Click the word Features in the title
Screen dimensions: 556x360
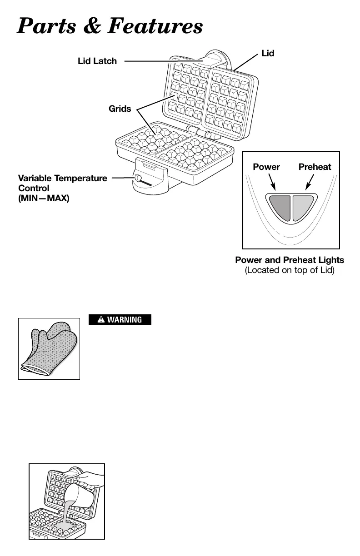(153, 26)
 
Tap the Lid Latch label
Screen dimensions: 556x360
(97, 61)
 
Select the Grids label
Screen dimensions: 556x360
(120, 109)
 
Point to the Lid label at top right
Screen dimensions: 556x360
(268, 54)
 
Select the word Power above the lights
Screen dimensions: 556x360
(266, 167)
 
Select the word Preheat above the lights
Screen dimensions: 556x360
(315, 167)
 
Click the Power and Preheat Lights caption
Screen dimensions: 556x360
(290, 260)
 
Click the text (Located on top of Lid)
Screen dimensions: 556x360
(290, 271)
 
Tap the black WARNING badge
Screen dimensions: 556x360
(120, 320)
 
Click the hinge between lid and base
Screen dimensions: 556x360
(200, 132)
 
